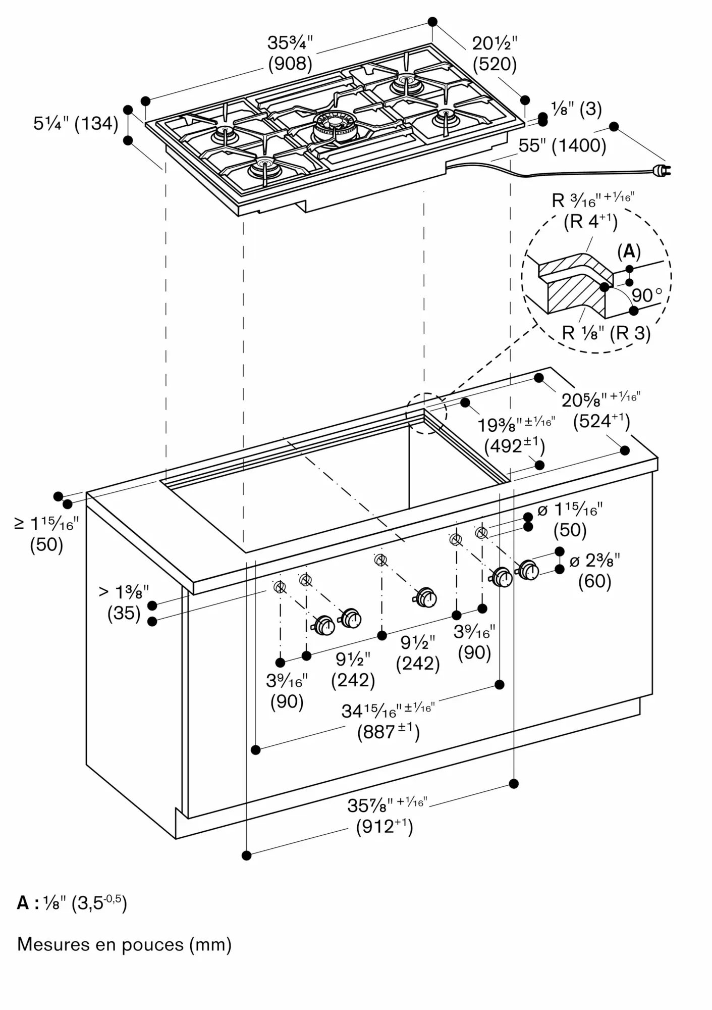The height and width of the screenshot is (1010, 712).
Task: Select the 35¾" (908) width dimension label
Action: pyautogui.click(x=290, y=54)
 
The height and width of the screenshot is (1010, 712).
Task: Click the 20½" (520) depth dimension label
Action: pyautogui.click(x=495, y=54)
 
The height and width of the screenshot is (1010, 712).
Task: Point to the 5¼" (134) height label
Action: pyautogui.click(x=76, y=123)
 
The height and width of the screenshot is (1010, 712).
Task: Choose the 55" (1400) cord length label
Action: pyautogui.click(x=562, y=146)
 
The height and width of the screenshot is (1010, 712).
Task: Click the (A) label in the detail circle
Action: pyautogui.click(x=629, y=251)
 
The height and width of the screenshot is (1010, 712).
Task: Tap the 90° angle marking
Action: pyautogui.click(x=646, y=295)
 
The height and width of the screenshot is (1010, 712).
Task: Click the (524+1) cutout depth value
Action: pyautogui.click(x=601, y=421)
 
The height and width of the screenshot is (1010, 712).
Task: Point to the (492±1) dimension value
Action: pyautogui.click(x=514, y=446)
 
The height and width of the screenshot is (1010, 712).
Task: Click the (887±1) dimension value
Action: pyautogui.click(x=388, y=732)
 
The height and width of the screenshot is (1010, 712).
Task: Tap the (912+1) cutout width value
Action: pyautogui.click(x=385, y=827)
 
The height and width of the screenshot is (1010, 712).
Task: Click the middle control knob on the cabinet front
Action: pyautogui.click(x=426, y=598)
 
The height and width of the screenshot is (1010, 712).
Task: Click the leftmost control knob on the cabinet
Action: pyautogui.click(x=324, y=626)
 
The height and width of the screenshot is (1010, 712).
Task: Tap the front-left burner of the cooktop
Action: pyautogui.click(x=264, y=169)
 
